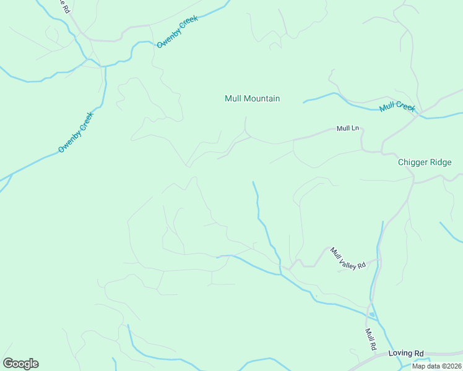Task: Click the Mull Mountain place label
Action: pos(252,98)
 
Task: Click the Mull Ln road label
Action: pos(347,129)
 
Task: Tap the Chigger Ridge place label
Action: pos(425,163)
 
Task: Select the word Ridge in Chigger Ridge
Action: pos(441,163)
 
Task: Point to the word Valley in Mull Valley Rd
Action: pos(348,258)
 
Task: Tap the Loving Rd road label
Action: pos(405,353)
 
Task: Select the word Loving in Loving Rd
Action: pos(400,353)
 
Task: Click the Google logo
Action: pos(20,364)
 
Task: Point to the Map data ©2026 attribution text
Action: pos(436,366)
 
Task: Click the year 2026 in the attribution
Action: pos(452,366)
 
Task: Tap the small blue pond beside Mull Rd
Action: pos(371,315)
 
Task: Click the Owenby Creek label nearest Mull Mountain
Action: pos(177,33)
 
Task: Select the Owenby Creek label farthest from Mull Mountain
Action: pos(76,132)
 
